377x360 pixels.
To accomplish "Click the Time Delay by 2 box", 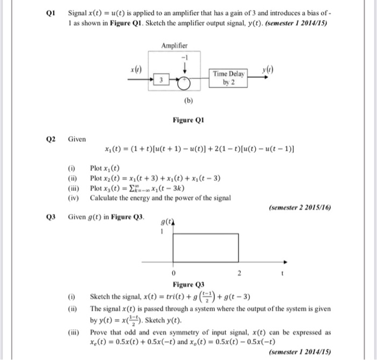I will click(x=228, y=76).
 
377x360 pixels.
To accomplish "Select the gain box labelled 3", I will click(x=160, y=80).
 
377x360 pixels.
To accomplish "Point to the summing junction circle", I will click(x=184, y=81).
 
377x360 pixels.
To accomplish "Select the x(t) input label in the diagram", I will click(x=136, y=69).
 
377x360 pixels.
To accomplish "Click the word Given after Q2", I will click(x=76, y=139).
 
